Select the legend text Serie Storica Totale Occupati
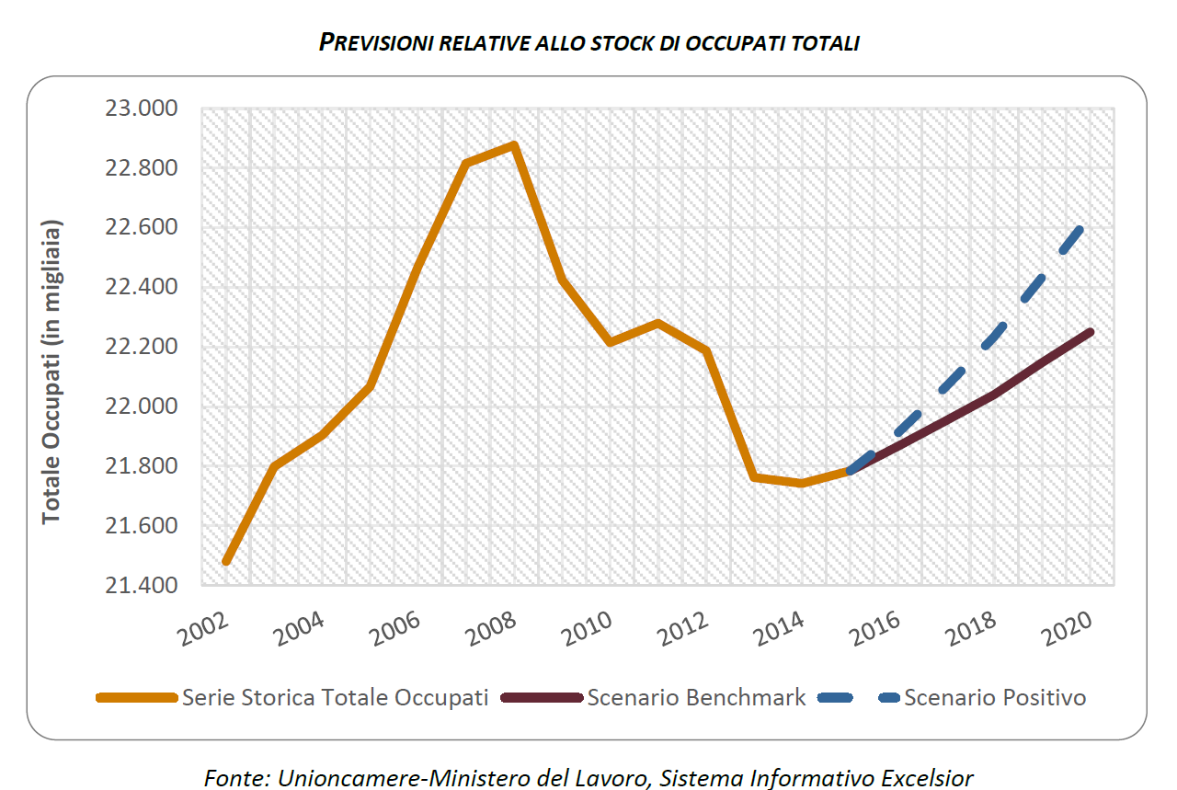click(335, 698)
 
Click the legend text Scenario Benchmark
click(696, 698)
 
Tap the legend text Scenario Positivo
click(995, 698)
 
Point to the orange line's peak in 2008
click(515, 145)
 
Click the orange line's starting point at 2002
click(226, 561)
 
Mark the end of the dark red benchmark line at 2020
click(1091, 332)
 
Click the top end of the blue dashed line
click(1080, 230)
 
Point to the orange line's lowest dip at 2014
click(802, 483)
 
